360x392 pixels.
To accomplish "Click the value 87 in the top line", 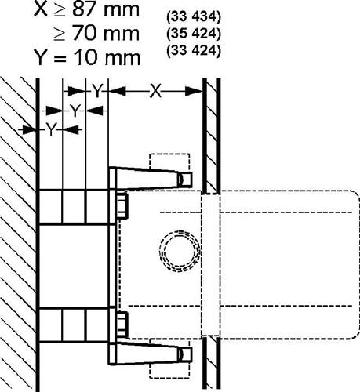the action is (84, 10).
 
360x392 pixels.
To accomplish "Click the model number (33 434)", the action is (194, 17).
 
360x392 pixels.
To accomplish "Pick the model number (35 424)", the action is (194, 34).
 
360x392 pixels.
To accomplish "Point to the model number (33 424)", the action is (194, 50).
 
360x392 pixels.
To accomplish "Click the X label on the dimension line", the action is (155, 91).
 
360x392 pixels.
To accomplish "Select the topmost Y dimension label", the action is (97, 92).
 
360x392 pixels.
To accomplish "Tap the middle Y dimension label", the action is (75, 111).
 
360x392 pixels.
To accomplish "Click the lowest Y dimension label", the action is (52, 129).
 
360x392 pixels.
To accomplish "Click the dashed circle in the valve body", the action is (180, 251).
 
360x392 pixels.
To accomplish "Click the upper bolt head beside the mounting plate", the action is (122, 205).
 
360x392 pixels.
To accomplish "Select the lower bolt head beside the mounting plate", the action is (122, 324).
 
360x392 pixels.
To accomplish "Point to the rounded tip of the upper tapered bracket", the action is (185, 179).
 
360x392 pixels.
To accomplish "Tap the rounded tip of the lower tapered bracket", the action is (185, 354).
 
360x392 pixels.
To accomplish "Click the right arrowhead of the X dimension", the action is (194, 91).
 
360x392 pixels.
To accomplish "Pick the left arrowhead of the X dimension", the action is (118, 91).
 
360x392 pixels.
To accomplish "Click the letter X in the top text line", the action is (42, 10).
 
